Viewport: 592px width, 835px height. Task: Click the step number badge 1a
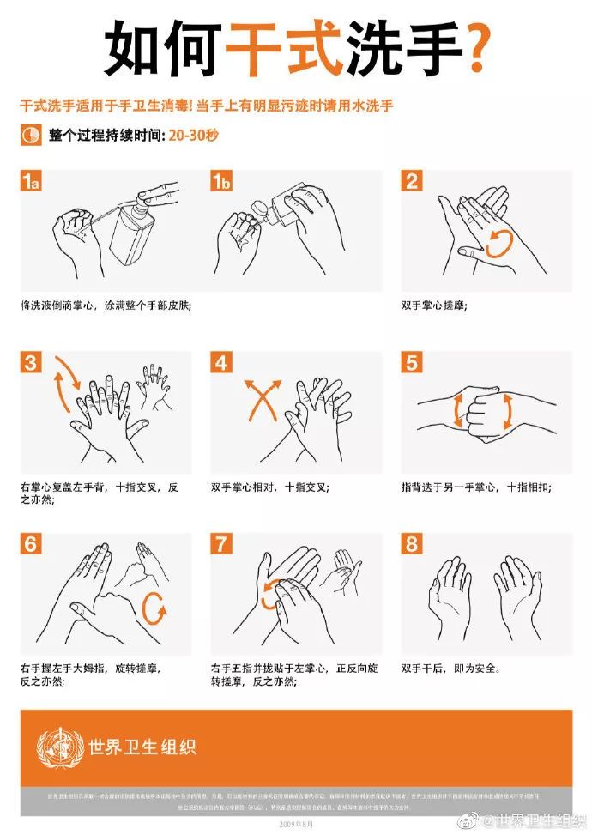coord(30,181)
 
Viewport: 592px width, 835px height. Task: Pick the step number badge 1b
coord(222,181)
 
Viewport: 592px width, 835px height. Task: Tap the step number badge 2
coord(413,181)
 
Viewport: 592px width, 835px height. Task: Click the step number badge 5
coord(413,363)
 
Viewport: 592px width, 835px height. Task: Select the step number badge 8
coord(413,544)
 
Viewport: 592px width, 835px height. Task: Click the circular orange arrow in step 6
coord(154,609)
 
